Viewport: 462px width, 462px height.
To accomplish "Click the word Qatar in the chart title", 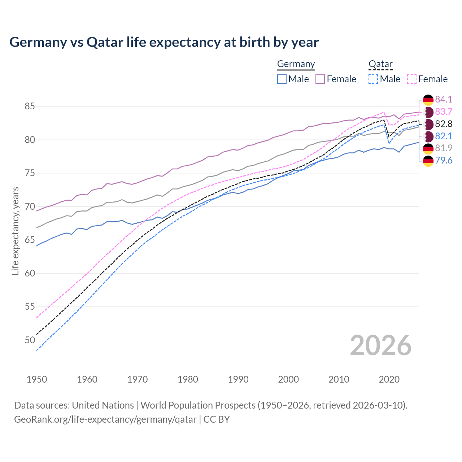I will coord(105,43).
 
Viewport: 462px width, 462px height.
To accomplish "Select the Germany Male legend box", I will coord(282,79).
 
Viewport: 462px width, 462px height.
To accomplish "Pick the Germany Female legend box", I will coord(320,79).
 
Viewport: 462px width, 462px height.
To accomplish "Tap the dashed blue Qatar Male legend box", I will coord(373,79).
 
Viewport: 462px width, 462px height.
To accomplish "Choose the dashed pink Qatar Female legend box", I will coord(412,79).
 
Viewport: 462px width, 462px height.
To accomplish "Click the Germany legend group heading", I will coord(296,64).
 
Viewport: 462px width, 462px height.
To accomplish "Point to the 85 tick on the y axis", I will coord(30,106).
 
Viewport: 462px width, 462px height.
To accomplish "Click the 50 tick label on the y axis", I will coord(30,340).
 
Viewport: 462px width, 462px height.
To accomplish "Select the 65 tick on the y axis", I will coord(30,240).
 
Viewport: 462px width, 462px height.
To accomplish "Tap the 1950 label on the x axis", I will coord(37,379).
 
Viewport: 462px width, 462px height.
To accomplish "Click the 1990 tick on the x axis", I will coord(238,379).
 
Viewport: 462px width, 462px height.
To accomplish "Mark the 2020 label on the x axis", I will coord(389,379).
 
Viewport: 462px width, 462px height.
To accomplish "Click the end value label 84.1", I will coord(444,99).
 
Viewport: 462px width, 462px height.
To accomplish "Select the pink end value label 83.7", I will coord(444,112).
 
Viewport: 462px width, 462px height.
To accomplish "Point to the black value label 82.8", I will coord(444,124).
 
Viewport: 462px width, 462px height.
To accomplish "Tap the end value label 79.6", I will coord(444,161).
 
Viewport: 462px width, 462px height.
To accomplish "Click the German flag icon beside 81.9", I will coord(428,148).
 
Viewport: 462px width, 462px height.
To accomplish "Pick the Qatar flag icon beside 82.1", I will coord(428,136).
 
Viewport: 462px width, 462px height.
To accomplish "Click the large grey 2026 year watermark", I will coord(381,345).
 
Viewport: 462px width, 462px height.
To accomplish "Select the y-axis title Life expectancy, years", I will coord(16,231).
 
